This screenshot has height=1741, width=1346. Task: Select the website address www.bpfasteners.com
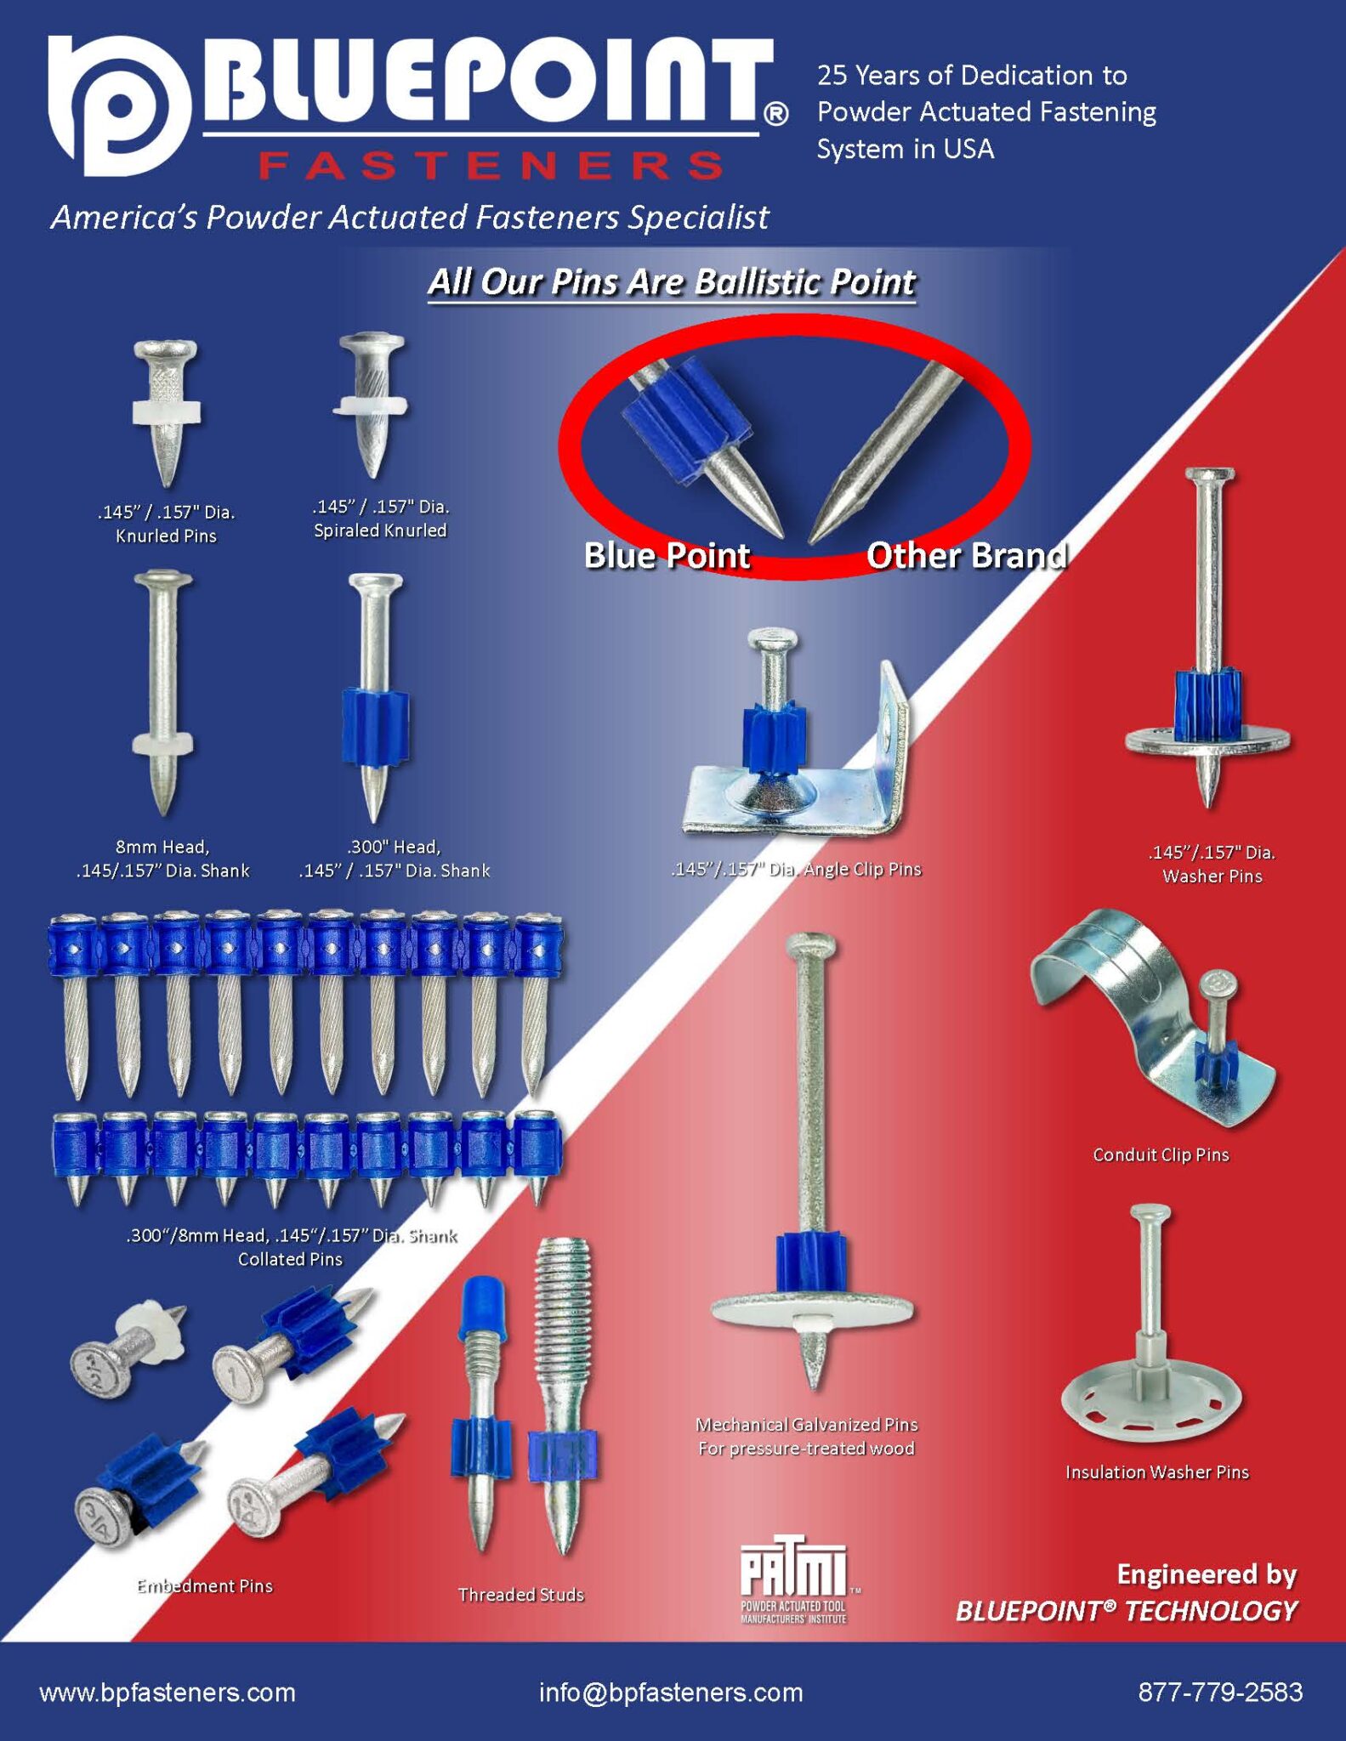(x=168, y=1692)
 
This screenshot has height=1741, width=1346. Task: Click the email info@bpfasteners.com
(x=671, y=1692)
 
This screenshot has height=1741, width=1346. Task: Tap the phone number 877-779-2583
(x=1219, y=1692)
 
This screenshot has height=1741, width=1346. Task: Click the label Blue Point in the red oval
(x=667, y=556)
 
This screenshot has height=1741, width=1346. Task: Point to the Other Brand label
(x=967, y=556)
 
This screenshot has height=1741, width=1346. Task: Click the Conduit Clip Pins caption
(x=1161, y=1154)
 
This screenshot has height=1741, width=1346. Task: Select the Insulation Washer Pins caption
(x=1156, y=1472)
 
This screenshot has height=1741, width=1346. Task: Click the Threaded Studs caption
(x=520, y=1594)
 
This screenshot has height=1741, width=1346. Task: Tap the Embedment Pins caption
(x=205, y=1585)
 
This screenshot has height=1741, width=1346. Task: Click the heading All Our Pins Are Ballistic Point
(x=672, y=282)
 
